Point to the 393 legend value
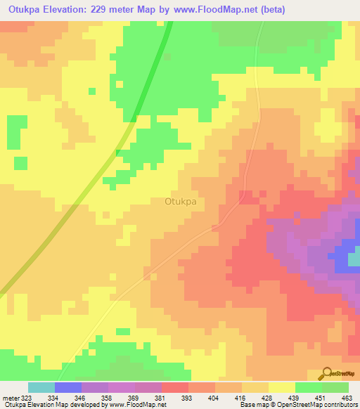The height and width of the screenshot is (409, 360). (x=187, y=398)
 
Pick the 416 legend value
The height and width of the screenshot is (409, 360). (x=240, y=398)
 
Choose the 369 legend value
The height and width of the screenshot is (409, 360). (x=134, y=398)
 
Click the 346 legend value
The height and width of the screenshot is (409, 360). (x=80, y=398)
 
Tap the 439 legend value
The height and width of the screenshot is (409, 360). (x=294, y=398)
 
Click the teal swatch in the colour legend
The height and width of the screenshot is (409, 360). (x=41, y=387)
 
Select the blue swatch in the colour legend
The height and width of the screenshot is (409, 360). (x=68, y=387)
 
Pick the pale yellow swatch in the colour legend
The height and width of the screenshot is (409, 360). (x=282, y=387)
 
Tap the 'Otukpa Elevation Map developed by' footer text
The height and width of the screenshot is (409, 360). (x=50, y=405)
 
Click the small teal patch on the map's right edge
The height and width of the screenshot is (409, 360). (x=354, y=259)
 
